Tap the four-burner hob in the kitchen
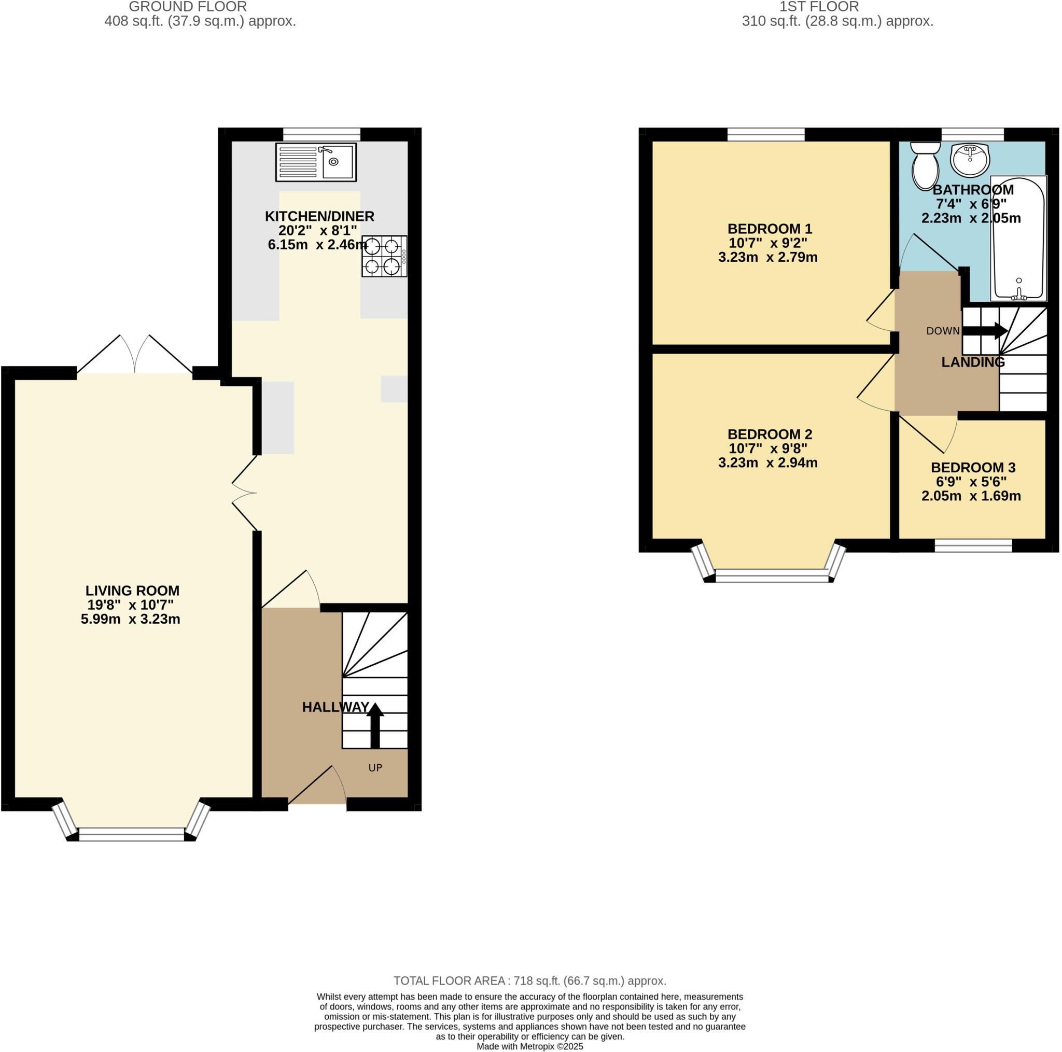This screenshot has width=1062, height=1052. (x=384, y=256)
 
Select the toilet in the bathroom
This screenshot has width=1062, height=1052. (x=925, y=165)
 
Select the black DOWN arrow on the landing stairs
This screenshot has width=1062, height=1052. (x=985, y=331)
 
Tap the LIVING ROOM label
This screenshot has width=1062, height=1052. (x=132, y=591)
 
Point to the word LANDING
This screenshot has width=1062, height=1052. (x=972, y=362)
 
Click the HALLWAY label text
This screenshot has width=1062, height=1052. (x=336, y=707)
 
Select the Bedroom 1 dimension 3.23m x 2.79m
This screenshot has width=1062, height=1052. (x=767, y=257)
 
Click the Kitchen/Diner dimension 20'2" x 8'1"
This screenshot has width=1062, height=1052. (x=317, y=230)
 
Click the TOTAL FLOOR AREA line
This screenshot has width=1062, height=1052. (x=529, y=980)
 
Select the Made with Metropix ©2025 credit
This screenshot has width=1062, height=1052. (x=529, y=1046)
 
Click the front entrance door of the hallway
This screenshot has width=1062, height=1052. (x=317, y=804)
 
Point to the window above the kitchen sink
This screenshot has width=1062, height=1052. (x=322, y=134)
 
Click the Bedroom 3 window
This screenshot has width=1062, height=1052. (x=973, y=545)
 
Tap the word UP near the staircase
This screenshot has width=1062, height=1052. (x=375, y=767)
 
